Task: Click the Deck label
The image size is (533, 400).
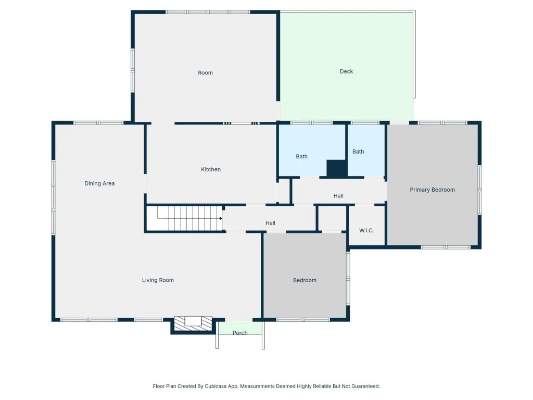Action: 346,71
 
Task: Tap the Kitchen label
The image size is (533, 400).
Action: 211,169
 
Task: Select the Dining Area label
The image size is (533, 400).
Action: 99,183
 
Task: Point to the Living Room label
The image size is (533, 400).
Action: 158,280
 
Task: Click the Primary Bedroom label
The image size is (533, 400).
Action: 433,190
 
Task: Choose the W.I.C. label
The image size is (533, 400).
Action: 366,231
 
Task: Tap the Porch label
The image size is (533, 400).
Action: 240,333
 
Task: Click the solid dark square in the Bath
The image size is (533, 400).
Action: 337,168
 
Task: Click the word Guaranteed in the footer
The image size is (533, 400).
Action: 365,386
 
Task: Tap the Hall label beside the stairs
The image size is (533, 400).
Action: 270,223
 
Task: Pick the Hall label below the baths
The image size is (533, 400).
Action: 338,196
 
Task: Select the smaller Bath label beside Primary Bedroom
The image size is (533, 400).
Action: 358,152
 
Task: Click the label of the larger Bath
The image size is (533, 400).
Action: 301,156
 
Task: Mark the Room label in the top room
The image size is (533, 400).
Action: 205,73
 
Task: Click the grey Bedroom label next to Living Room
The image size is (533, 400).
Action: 304,280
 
